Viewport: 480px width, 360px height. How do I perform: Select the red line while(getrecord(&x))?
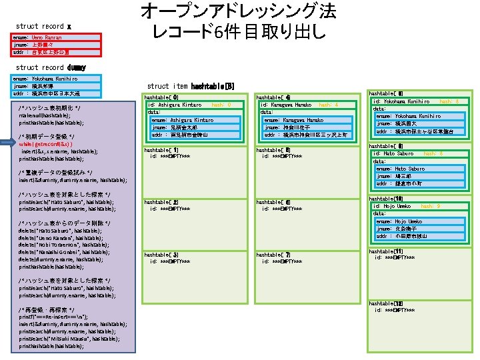(x=45, y=143)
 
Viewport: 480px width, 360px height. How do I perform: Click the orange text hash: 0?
(x=221, y=105)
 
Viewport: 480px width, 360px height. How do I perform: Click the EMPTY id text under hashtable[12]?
(x=396, y=310)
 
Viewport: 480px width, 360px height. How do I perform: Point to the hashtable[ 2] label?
(x=161, y=201)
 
